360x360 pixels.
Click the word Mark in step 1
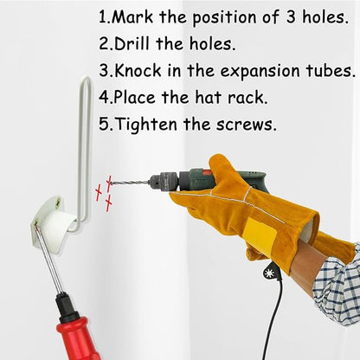tap(132, 17)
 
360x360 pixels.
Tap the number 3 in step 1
tap(291, 17)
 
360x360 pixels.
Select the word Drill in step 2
tap(132, 43)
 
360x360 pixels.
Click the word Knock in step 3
tap(138, 71)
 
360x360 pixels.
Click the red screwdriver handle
tap(76, 337)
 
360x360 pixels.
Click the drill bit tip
tap(112, 183)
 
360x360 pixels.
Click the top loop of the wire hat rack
tap(86, 82)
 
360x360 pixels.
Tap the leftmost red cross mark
tap(99, 193)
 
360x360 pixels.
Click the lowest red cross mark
tap(108, 203)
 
